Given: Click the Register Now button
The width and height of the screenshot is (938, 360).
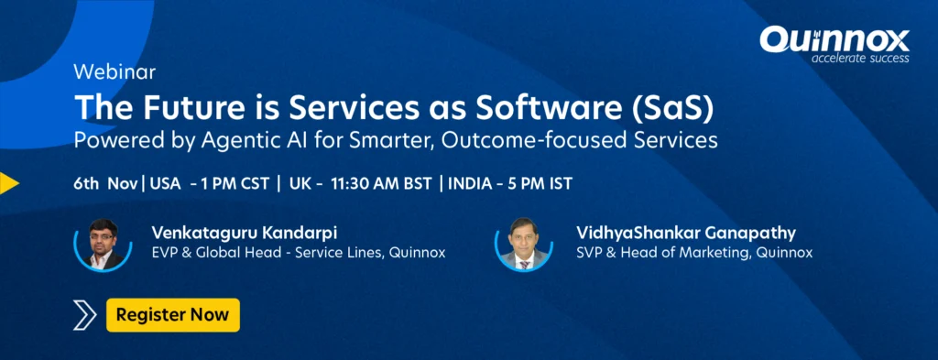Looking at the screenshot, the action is click(173, 314).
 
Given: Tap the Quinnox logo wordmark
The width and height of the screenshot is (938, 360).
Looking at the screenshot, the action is click(834, 40).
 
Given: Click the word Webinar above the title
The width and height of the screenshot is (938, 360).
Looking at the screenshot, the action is click(115, 72).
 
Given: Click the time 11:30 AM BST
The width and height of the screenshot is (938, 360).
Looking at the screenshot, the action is click(380, 183).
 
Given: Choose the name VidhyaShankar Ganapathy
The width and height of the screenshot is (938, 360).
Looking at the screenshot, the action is click(686, 233).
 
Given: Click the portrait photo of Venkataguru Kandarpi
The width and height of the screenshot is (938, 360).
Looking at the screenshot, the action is click(103, 244).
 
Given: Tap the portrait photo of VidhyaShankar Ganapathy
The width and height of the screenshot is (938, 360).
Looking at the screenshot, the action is click(524, 244).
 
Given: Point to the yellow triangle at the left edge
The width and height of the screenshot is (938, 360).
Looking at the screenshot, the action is click(8, 183).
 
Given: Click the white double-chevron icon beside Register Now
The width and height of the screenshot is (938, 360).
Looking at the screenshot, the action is click(84, 315).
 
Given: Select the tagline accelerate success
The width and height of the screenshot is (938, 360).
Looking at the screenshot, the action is click(859, 58).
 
